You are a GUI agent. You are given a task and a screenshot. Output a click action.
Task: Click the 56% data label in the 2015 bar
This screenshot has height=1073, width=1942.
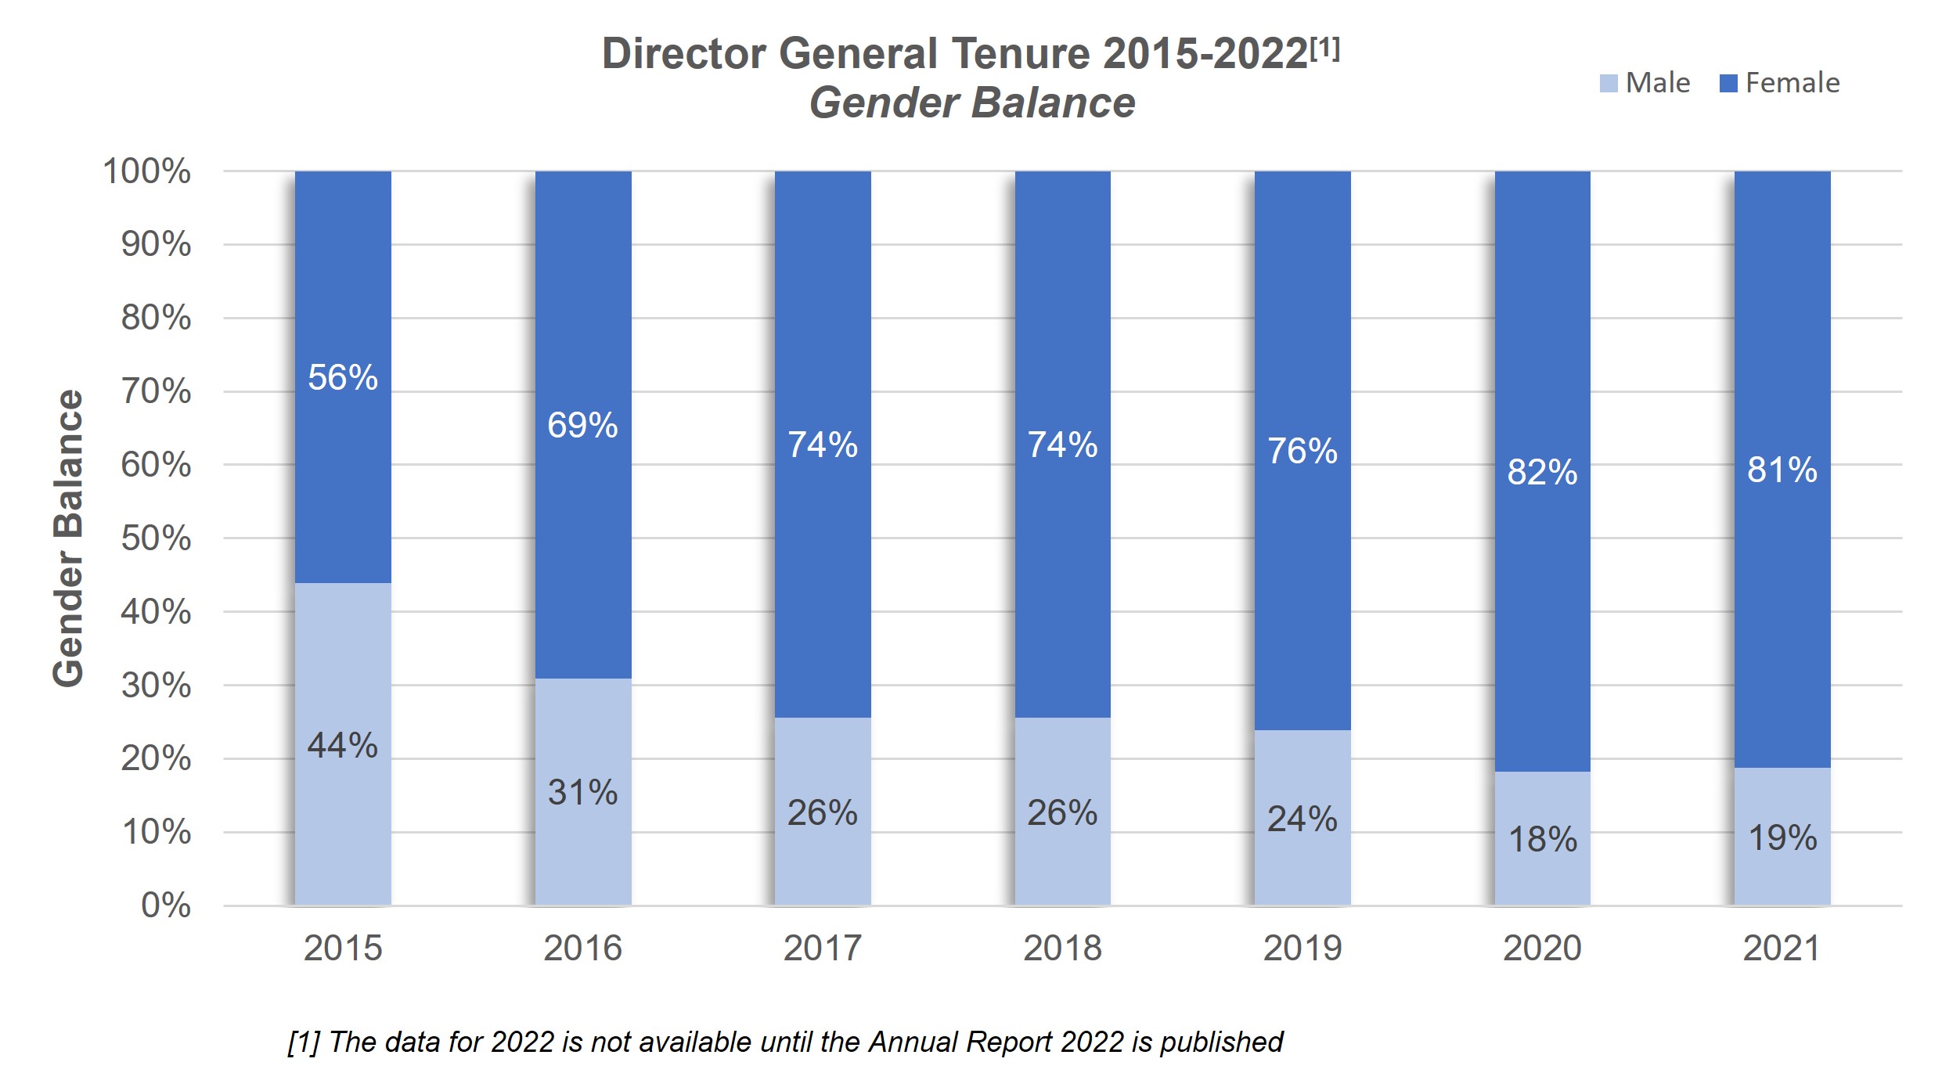(343, 378)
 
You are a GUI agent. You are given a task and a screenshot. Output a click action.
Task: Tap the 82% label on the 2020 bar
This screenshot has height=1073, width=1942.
(1542, 472)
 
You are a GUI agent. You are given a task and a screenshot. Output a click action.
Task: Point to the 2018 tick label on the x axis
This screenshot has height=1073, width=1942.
(1062, 949)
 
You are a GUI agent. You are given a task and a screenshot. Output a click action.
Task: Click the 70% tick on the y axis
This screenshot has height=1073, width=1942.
(156, 391)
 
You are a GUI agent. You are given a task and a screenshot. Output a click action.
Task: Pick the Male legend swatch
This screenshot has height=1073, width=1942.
(1608, 84)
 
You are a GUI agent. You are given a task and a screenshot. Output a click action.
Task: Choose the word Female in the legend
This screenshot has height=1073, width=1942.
(1792, 83)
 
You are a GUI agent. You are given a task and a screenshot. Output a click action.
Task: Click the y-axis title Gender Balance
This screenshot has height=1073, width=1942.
(69, 538)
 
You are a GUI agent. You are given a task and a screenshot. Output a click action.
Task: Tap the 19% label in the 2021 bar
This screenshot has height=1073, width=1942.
(1782, 838)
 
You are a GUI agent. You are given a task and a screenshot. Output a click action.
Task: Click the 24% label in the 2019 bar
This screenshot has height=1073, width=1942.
(1302, 819)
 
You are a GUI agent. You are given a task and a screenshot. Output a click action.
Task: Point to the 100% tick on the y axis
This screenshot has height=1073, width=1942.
(147, 171)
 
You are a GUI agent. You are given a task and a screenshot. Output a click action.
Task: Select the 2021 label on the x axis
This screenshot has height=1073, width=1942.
(1782, 949)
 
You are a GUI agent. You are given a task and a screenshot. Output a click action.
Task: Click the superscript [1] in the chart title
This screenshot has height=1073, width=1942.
(1325, 49)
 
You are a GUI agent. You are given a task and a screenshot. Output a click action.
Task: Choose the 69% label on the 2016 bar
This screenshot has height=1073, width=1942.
(583, 426)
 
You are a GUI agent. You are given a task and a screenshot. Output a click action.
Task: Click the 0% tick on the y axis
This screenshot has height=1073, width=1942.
(166, 906)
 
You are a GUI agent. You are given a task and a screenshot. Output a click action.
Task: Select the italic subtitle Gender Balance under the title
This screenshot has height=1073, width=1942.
(972, 103)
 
